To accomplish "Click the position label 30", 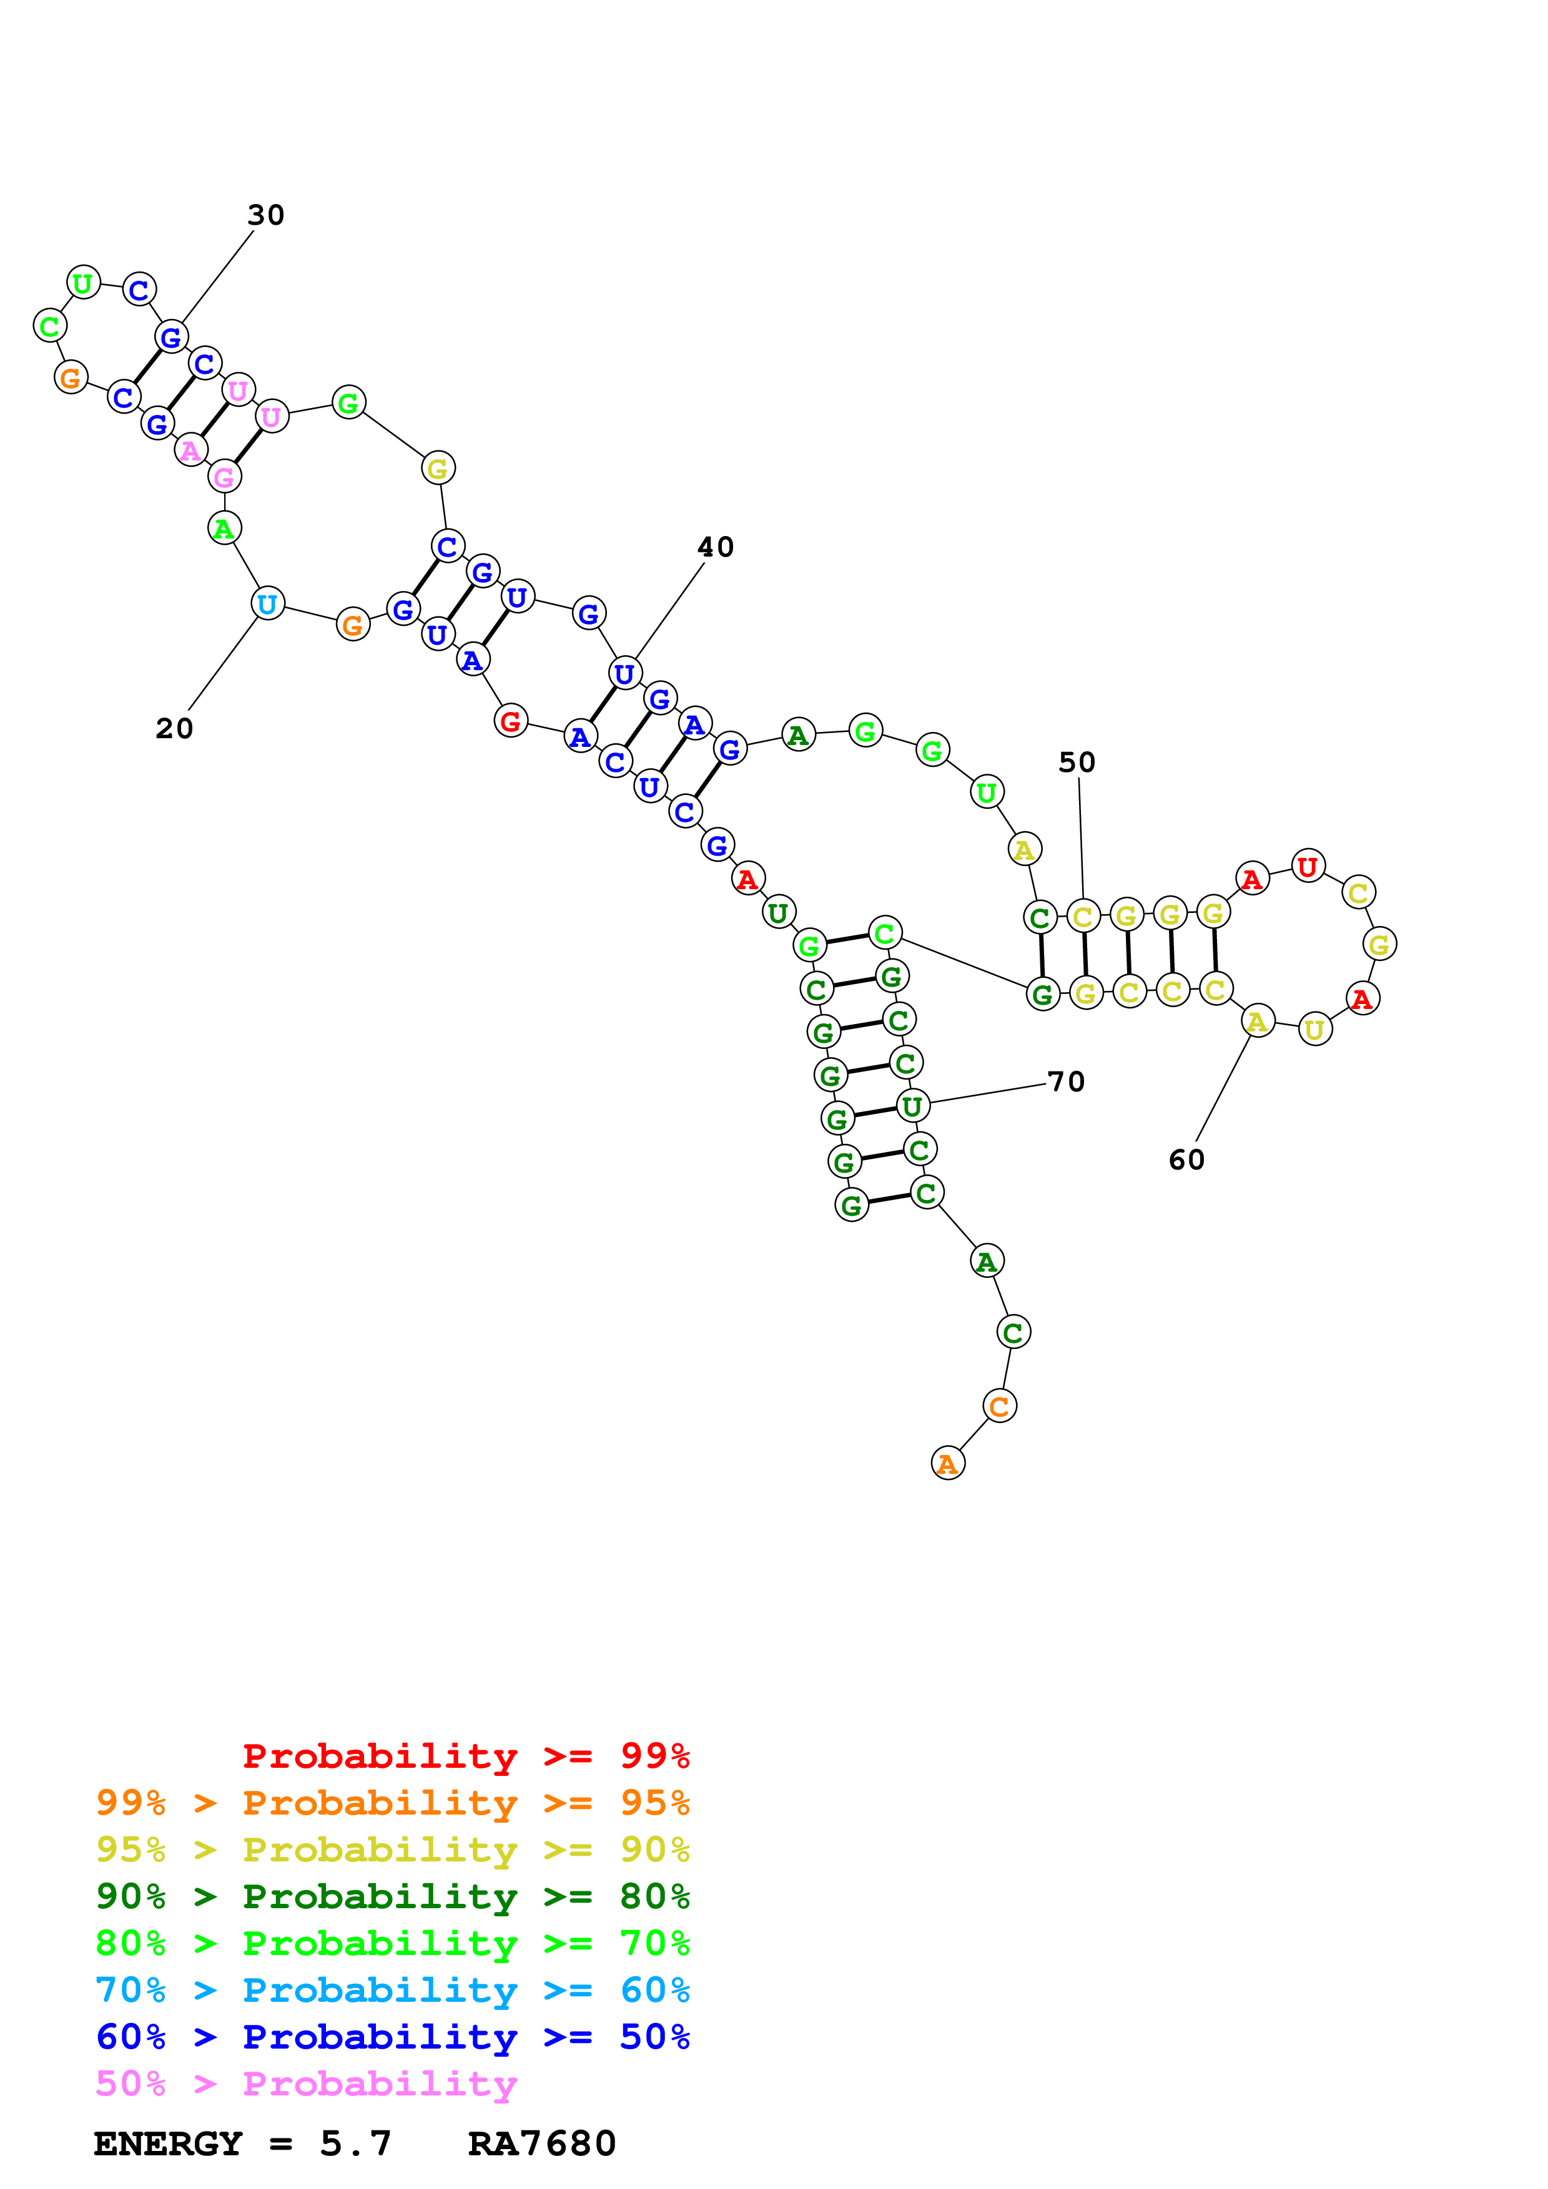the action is coord(265,215).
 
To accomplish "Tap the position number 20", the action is coord(175,728).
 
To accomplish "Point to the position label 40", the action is coord(716,547).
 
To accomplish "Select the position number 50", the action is coord(1077,763).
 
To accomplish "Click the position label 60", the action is coord(1186,1160).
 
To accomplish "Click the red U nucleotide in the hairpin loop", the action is coord(1308,867).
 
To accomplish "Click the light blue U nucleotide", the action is coord(267,603).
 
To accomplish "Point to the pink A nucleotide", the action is coord(190,450).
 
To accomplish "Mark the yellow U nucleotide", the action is coord(1314,1029).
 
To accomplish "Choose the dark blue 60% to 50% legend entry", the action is coord(392,2037).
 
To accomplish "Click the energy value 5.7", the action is coord(355,2143).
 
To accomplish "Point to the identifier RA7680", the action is coord(542,2143).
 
